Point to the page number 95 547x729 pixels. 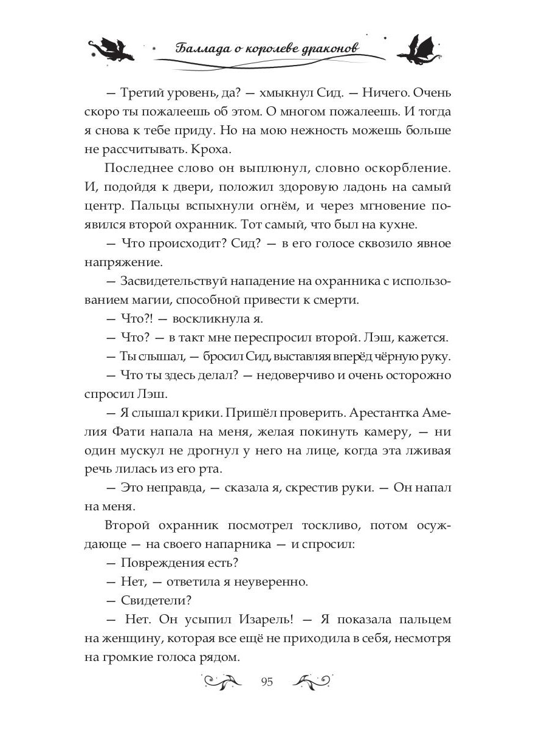pos(267,682)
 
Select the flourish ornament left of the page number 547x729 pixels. pos(225,680)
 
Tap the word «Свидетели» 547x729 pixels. pos(154,601)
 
